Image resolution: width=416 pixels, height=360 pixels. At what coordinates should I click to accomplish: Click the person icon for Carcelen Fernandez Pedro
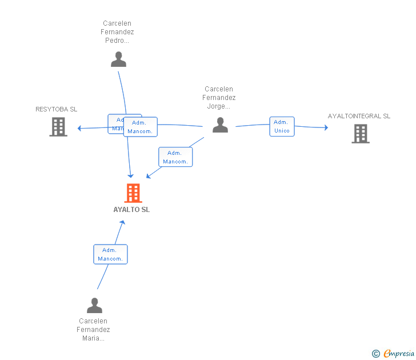118,59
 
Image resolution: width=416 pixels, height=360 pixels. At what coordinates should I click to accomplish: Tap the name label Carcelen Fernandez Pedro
117,32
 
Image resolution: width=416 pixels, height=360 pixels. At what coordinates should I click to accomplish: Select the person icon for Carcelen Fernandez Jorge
220,125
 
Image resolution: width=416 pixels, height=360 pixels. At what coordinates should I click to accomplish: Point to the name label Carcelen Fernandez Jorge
219,97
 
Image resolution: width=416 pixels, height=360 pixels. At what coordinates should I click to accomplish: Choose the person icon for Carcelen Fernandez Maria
94,305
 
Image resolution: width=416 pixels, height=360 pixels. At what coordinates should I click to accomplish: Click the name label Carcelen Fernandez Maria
93,330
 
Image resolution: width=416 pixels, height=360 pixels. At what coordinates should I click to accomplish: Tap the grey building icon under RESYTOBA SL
58,127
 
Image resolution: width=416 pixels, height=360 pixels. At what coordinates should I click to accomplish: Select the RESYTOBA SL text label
56,109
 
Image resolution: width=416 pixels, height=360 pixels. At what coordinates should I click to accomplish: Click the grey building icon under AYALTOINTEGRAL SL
360,133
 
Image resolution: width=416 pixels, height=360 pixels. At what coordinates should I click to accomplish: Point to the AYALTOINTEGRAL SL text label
359,116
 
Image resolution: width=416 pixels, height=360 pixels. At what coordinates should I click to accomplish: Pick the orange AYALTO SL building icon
133,193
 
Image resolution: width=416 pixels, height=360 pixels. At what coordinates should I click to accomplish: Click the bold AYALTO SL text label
131,210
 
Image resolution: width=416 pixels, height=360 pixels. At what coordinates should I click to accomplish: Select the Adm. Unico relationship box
282,126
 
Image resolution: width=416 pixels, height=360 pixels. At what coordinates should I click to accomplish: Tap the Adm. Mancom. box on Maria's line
110,254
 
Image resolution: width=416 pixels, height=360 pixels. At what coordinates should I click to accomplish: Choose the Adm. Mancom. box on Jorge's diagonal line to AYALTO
175,157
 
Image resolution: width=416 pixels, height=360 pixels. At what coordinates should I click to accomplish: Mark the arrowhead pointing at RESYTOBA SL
80,128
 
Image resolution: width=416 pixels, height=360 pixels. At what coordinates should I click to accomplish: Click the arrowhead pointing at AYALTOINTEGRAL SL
326,127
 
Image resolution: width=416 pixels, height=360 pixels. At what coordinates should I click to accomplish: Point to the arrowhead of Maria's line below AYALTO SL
122,222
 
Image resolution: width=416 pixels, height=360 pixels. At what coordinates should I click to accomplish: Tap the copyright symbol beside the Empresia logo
375,354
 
